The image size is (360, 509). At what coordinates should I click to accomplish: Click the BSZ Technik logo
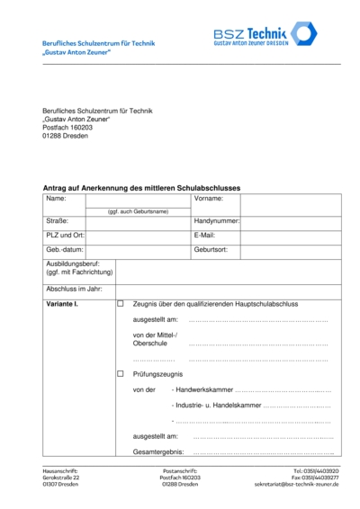coord(275,37)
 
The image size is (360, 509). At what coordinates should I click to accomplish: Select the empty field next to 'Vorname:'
coord(290,198)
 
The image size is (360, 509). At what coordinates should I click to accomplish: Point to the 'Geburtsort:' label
coord(211,250)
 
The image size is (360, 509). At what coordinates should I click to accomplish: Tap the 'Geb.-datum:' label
coord(65,250)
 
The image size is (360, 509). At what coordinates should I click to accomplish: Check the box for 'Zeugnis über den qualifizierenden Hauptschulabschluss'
coord(121,304)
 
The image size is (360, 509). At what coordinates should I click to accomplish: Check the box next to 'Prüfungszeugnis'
coord(121,373)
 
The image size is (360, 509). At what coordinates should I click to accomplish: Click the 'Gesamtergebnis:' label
coord(158,451)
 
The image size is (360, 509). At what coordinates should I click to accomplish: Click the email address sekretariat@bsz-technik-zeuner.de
coord(296,484)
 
